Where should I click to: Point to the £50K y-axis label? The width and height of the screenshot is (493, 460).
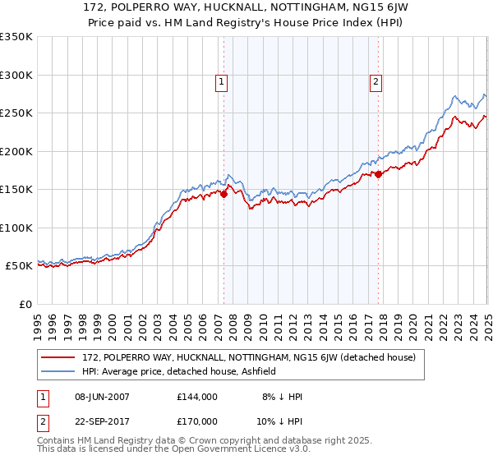coord(18,266)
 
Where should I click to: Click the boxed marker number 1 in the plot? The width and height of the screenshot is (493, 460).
coord(223,81)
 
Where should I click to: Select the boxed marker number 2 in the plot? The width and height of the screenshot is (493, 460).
coord(376,81)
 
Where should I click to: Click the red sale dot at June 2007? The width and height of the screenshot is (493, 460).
coord(223,195)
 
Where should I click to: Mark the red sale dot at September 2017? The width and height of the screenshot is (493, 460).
coord(379,174)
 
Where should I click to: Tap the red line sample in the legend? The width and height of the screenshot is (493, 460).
coord(59,357)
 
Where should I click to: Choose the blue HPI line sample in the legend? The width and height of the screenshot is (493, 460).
coord(59,371)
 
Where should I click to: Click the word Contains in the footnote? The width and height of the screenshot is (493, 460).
coord(58,441)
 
